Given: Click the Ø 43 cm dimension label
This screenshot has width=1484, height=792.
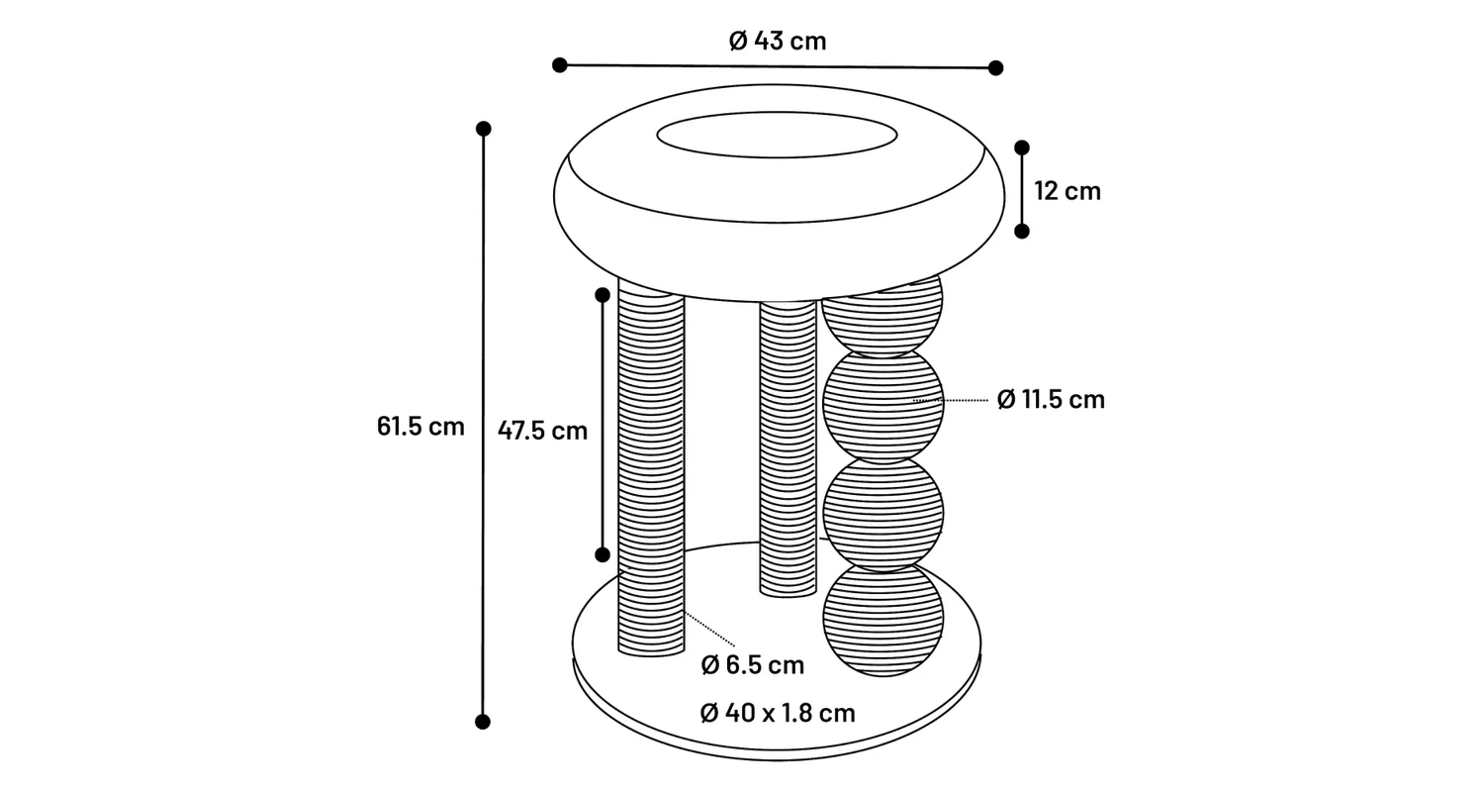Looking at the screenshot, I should [x=777, y=41].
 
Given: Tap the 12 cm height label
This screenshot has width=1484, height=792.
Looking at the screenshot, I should [x=1067, y=190].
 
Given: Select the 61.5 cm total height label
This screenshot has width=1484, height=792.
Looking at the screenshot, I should [x=420, y=427].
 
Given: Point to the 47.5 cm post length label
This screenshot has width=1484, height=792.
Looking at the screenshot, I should [x=542, y=431].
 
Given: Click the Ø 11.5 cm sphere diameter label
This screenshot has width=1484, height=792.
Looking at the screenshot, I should [x=1050, y=399].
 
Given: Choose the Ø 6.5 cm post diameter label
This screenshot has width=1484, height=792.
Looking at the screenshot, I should [x=753, y=665].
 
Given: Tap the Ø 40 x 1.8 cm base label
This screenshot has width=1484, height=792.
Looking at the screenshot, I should [x=778, y=713].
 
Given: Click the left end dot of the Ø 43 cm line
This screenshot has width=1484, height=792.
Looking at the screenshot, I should [x=560, y=65].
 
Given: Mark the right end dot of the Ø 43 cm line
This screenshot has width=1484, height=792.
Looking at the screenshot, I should [x=996, y=68].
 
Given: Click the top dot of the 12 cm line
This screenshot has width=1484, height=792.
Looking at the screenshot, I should [x=1022, y=148].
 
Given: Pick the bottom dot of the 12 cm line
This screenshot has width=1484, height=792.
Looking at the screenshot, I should [x=1022, y=231].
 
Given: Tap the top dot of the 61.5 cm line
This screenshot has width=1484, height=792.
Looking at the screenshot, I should [x=484, y=129].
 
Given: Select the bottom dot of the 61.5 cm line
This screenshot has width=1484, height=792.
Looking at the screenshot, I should [x=484, y=722].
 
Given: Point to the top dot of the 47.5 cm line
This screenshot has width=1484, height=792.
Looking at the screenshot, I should [x=603, y=294].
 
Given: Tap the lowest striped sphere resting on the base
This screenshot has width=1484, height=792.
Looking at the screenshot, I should [x=883, y=620].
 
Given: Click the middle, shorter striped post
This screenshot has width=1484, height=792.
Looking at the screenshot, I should [x=788, y=445].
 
